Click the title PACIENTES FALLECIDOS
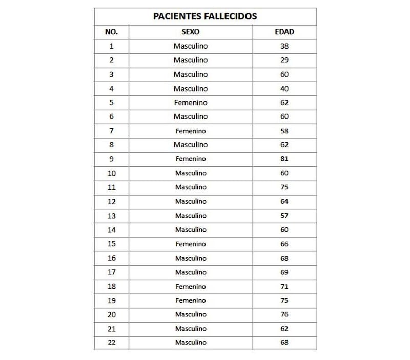click(205, 16)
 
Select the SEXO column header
click(191, 32)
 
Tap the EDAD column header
click(284, 32)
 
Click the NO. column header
click(111, 32)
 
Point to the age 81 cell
click(284, 159)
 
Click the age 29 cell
click(284, 60)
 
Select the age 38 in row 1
click(284, 46)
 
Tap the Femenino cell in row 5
click(191, 102)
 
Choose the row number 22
click(111, 342)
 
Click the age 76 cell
click(284, 314)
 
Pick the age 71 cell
click(284, 286)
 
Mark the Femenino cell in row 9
click(191, 159)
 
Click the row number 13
click(111, 216)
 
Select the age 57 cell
click(284, 216)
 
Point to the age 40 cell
click(284, 89)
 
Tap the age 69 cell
click(284, 272)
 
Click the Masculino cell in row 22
click(191, 342)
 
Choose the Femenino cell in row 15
click(191, 244)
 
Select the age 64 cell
click(284, 201)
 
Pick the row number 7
click(111, 131)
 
